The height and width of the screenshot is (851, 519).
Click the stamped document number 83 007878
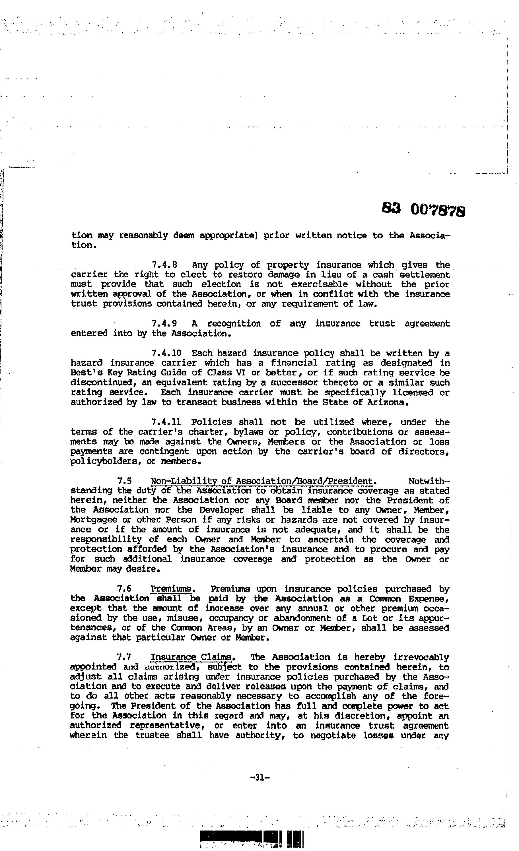[x=423, y=209]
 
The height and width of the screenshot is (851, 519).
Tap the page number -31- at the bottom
[x=259, y=777]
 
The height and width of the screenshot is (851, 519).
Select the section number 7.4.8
[x=164, y=265]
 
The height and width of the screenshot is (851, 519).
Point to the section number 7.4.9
[x=164, y=324]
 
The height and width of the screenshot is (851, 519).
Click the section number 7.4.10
[x=166, y=353]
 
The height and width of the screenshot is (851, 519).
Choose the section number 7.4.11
[x=166, y=422]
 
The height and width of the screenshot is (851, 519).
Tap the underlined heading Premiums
[x=171, y=588]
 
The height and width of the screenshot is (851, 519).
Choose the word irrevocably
[x=421, y=657]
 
